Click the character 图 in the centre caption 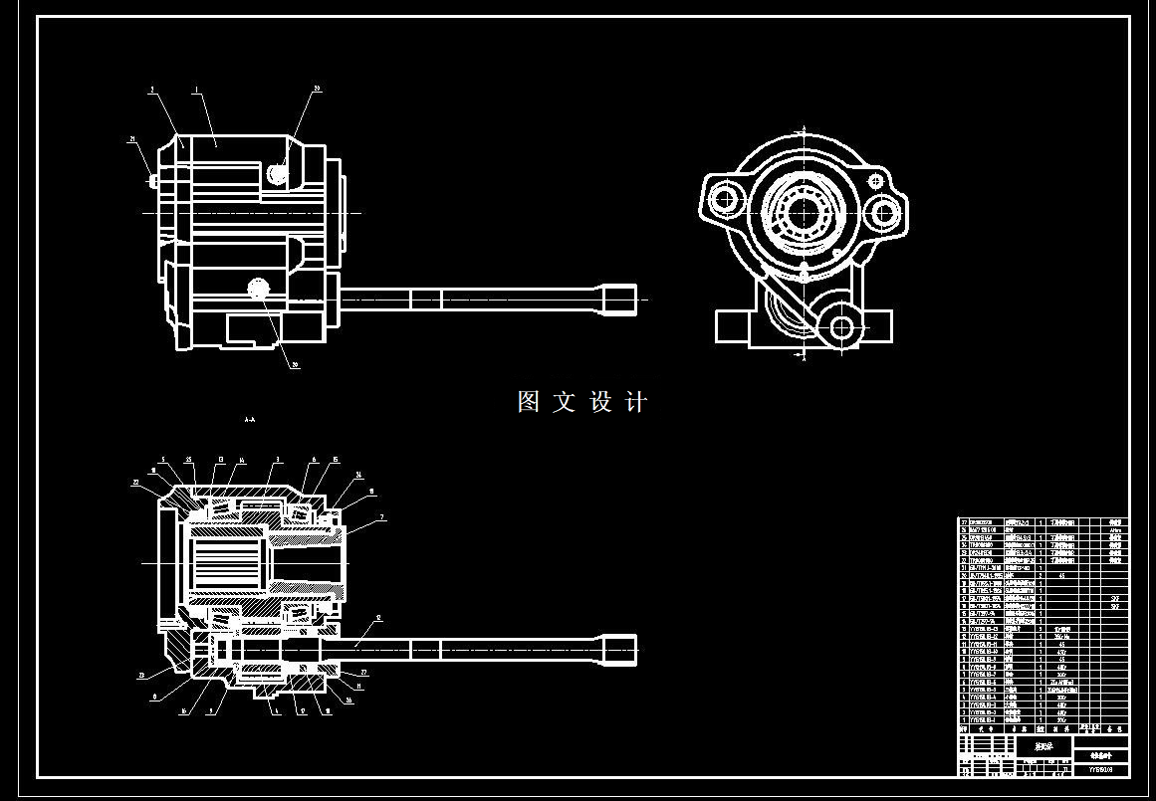point(529,402)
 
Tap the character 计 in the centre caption point(636,402)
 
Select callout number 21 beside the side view point(132,139)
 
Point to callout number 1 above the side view point(196,91)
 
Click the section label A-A point(249,420)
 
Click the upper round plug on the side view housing point(279,174)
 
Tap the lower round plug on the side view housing point(260,289)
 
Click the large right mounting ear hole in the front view point(881,211)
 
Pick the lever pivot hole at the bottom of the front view point(842,326)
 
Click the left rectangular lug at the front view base point(732,325)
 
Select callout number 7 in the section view point(380,518)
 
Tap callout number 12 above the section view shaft point(378,618)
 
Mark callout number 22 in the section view point(135,482)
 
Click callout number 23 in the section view point(141,676)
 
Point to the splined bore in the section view point(223,562)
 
